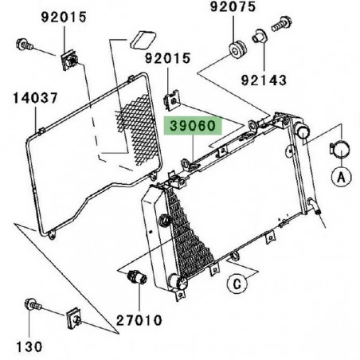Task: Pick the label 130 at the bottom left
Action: pos(29,347)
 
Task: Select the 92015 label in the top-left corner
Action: pos(36,18)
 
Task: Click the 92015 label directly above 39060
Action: pos(169,59)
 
